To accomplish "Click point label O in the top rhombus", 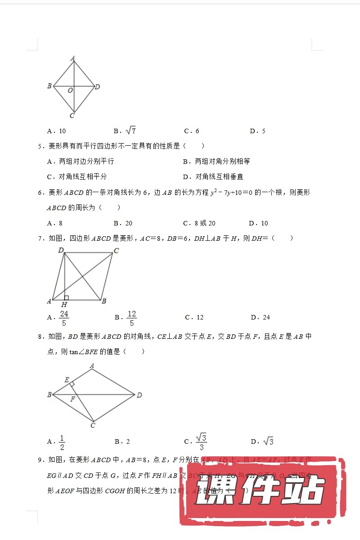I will coord(70,90).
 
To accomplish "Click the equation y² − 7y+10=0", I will coord(232,193).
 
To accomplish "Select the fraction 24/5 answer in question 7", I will coord(64,317).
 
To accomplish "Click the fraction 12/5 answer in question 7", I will coord(131,317).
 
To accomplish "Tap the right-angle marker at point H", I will coord(67,297).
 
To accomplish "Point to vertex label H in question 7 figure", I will coord(64,305).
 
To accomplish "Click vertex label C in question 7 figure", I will coord(116,251).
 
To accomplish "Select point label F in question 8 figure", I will coord(72,399).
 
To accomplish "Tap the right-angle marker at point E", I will coord(72,383).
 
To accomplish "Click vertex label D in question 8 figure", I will coord(139,395).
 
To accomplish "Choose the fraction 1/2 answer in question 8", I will coord(62,442).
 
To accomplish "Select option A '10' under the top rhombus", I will coord(57,131).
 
